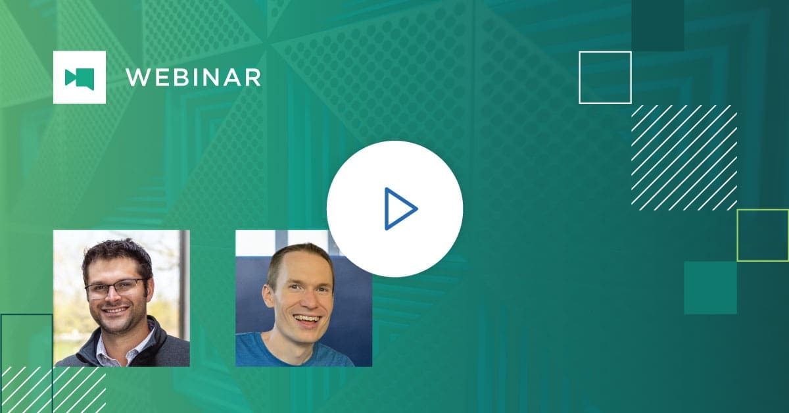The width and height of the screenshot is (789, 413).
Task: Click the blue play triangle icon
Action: [x=398, y=209]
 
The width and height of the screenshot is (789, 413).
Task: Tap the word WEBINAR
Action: [x=193, y=78]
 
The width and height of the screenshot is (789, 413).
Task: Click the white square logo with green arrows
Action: [x=80, y=78]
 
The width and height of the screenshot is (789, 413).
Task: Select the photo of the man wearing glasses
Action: [x=121, y=298]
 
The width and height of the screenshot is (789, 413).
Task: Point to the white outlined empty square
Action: [x=605, y=78]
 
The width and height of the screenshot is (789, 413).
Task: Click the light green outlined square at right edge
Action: [x=763, y=235]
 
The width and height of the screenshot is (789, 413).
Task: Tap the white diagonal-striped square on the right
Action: [x=684, y=157]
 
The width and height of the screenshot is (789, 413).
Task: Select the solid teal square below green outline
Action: [x=710, y=287]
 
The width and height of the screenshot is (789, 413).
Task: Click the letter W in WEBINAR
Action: [x=137, y=78]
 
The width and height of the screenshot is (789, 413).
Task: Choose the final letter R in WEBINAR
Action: [x=252, y=78]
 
